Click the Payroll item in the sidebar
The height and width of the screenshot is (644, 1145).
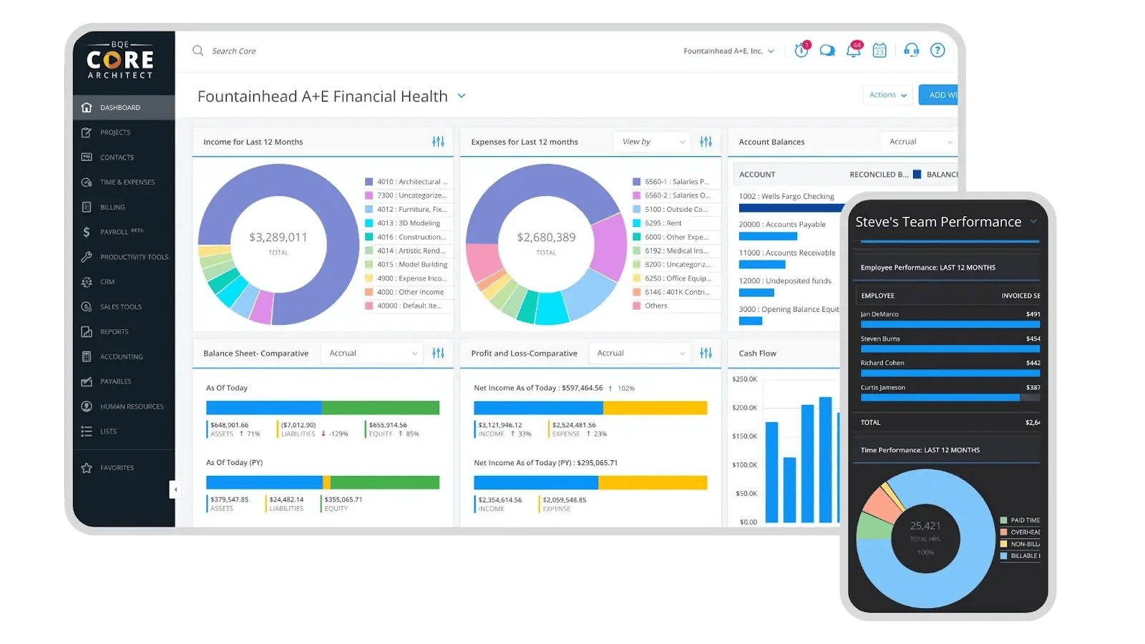tap(114, 232)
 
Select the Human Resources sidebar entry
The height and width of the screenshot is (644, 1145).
tap(132, 406)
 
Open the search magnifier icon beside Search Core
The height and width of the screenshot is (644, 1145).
tap(198, 51)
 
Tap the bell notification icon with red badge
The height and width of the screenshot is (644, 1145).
tap(853, 50)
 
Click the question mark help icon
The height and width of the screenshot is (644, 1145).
tap(937, 50)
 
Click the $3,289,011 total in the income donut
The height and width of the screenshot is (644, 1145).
tap(278, 238)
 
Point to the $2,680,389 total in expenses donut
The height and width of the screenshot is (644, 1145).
tap(546, 238)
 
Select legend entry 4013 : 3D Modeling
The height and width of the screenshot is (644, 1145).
tap(408, 223)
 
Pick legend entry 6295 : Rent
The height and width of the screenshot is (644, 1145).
tap(663, 223)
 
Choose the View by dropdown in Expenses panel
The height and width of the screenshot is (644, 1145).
tap(652, 142)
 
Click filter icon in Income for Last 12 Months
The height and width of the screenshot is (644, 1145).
tap(438, 142)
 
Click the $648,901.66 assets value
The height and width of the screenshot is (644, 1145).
tap(230, 425)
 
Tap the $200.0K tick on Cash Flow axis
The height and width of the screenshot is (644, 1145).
tap(744, 408)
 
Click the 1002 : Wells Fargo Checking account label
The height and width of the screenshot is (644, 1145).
tap(786, 196)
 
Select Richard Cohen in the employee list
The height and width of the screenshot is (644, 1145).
tap(882, 363)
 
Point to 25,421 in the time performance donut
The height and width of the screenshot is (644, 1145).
tap(925, 526)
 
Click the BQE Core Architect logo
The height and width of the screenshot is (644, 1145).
tap(120, 61)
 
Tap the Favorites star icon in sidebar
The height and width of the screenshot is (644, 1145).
tap(87, 468)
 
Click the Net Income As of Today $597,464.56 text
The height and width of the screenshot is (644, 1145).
tap(538, 388)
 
